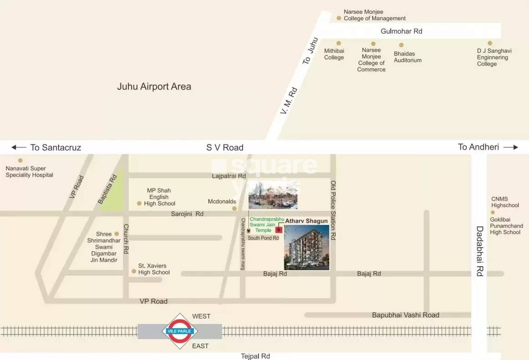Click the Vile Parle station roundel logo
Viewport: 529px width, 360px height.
[180, 331]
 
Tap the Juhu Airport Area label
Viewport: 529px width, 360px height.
[154, 86]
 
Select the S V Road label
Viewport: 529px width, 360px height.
[225, 147]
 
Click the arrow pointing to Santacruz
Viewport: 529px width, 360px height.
[19, 147]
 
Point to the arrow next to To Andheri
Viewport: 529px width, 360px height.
[511, 147]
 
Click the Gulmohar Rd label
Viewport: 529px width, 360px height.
[401, 31]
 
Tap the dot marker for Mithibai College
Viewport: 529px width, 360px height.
[338, 43]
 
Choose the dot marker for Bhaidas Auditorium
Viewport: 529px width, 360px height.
[401, 45]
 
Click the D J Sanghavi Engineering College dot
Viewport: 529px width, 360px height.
[490, 43]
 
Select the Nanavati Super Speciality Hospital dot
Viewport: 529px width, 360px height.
[20, 160]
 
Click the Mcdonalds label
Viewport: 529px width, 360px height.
[222, 201]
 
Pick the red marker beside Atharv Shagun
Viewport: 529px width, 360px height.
[278, 230]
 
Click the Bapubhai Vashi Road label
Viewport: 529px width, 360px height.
[405, 315]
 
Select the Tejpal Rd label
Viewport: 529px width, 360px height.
[255, 356]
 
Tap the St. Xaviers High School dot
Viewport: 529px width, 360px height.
[134, 271]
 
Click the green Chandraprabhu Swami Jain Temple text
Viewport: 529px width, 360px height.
[267, 224]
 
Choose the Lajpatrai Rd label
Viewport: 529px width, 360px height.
[229, 176]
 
